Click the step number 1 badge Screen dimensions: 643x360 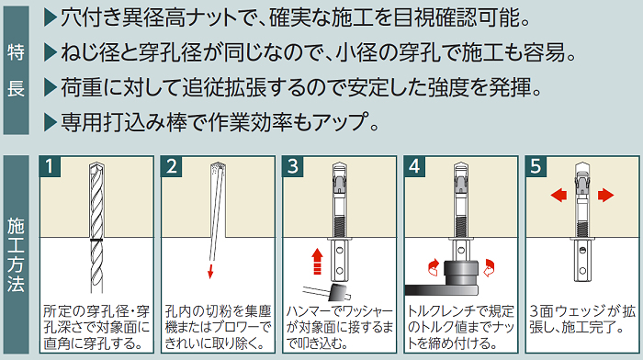click(x=50, y=166)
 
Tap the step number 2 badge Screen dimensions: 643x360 click(x=172, y=166)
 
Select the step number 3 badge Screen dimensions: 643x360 click(x=293, y=166)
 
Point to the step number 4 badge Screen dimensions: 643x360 click(x=414, y=166)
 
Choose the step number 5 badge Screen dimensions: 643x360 click(x=536, y=166)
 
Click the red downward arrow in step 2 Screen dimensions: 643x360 click(x=210, y=271)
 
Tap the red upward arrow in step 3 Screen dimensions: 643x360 click(x=317, y=261)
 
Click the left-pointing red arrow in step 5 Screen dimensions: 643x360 click(x=558, y=195)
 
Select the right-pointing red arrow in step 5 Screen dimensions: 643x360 click(x=605, y=195)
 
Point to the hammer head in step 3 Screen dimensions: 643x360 click(x=339, y=291)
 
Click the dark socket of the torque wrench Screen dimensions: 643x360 click(x=461, y=272)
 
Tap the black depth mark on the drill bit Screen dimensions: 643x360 click(x=96, y=240)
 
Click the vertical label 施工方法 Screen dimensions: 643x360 click(x=16, y=254)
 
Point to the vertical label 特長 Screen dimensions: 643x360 click(x=16, y=70)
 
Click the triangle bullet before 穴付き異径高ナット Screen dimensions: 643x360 click(x=50, y=18)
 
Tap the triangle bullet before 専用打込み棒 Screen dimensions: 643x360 click(x=50, y=122)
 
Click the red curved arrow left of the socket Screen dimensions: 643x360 click(x=433, y=267)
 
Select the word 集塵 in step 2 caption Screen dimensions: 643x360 click(x=258, y=312)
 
